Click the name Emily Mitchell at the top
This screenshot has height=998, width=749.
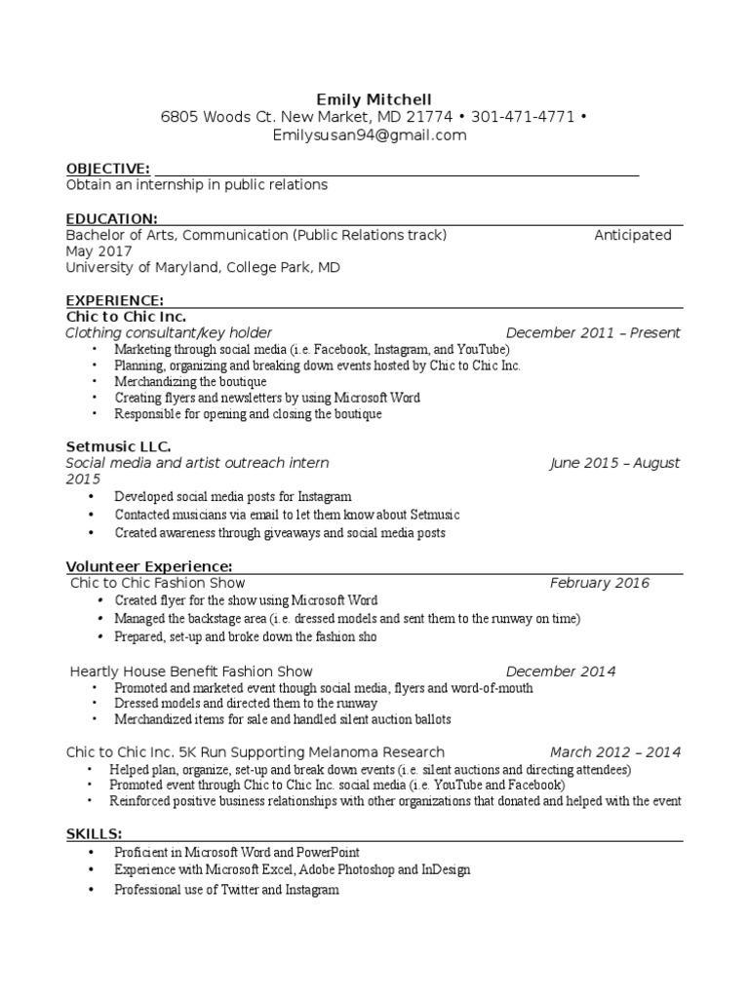click(x=374, y=99)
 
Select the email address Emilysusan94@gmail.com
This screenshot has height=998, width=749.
click(x=370, y=135)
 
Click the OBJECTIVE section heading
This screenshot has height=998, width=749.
click(x=107, y=169)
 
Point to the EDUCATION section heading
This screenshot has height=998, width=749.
click(x=111, y=218)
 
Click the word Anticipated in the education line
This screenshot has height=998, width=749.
click(x=633, y=235)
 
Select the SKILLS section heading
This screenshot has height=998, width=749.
click(x=94, y=833)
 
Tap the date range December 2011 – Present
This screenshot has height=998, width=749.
click(x=593, y=332)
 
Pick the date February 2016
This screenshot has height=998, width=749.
click(x=599, y=583)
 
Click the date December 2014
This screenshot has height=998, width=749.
click(x=561, y=671)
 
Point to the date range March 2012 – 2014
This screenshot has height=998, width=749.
click(x=614, y=751)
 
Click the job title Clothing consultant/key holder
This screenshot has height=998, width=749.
click(x=169, y=332)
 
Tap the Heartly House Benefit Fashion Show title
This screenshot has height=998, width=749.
click(x=192, y=671)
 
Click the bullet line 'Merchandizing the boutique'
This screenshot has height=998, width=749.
click(x=190, y=382)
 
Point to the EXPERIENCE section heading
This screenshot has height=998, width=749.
click(x=114, y=299)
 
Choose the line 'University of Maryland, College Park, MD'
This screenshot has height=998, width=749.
click(x=203, y=267)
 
